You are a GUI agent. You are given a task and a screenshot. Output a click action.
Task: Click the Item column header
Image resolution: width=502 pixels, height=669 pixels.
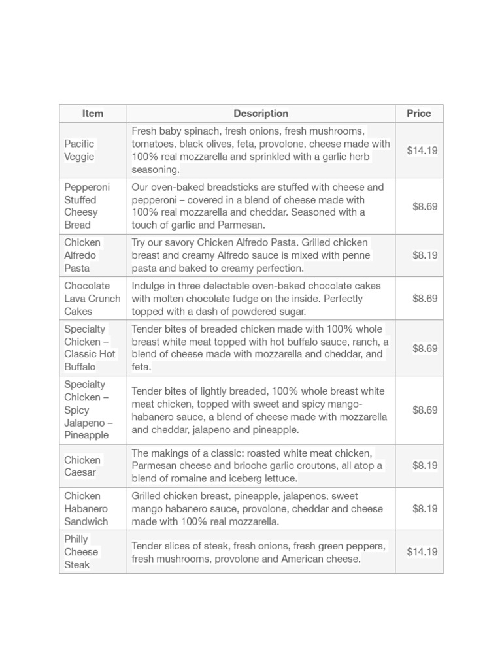coord(93,114)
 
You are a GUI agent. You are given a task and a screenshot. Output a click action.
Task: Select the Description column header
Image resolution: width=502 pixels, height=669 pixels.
coord(261,114)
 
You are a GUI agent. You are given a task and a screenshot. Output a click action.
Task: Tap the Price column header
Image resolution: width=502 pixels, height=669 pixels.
coord(418,114)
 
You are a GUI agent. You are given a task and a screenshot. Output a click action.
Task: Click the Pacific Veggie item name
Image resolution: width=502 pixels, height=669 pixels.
coord(79,150)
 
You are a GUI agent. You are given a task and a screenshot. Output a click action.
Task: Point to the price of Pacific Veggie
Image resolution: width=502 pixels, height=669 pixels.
coord(422,150)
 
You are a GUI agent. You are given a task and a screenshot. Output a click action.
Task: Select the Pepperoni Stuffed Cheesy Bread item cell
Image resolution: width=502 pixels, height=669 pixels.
coord(87,206)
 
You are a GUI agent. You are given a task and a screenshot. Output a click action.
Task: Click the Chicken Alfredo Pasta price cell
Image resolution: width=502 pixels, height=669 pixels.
coord(425,255)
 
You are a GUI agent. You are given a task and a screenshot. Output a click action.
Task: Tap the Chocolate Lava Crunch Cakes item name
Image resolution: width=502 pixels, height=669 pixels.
coord(92,299)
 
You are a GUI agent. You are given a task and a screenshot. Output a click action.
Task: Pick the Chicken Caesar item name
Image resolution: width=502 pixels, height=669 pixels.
coord(82,466)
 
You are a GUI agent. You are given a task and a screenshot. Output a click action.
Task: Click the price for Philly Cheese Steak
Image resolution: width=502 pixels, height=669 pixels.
coord(422,552)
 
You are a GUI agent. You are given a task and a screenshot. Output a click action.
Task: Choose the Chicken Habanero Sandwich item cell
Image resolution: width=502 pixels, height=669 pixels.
coord(86,509)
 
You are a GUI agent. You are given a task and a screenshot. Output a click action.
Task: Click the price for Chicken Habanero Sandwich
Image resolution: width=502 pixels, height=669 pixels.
coord(425,509)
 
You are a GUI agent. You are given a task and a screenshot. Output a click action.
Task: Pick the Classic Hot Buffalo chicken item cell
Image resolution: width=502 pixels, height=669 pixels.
coord(90,348)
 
